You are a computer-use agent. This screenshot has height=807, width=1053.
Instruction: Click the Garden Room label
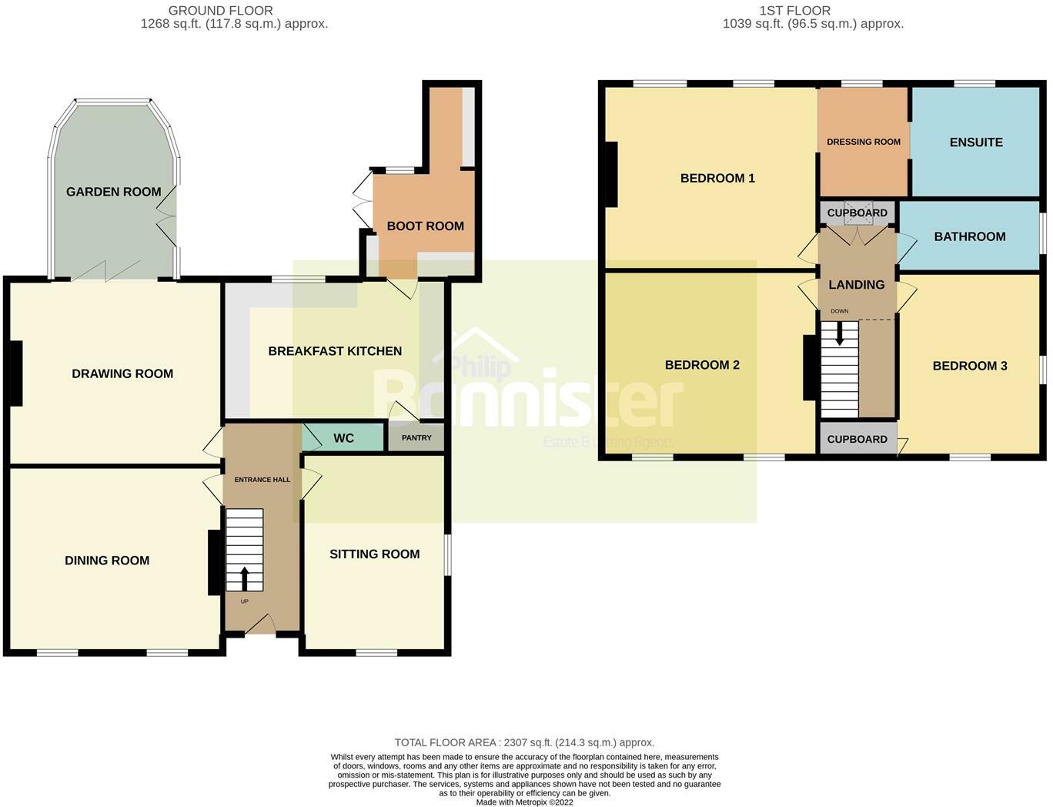click(113, 192)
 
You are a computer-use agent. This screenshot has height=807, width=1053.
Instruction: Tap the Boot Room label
click(425, 226)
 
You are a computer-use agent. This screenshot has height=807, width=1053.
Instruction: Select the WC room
click(343, 437)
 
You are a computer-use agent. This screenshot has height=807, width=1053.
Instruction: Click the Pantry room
click(416, 437)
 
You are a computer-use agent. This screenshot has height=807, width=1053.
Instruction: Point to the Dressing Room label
click(863, 142)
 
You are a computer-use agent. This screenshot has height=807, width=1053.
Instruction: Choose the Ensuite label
click(975, 142)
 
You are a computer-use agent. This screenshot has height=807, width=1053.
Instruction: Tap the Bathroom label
click(969, 236)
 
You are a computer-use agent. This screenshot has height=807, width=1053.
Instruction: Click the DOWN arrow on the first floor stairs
click(839, 332)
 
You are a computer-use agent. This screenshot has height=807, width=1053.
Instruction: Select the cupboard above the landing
click(857, 213)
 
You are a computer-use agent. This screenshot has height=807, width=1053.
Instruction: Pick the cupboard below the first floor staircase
click(857, 439)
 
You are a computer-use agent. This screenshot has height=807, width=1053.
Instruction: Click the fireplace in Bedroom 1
click(611, 175)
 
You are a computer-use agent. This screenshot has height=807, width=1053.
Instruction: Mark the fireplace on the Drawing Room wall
click(16, 373)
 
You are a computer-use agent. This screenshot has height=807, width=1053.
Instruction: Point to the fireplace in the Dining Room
click(214, 562)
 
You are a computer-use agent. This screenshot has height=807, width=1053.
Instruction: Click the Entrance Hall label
click(262, 480)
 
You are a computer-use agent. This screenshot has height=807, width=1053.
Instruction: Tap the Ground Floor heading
click(220, 11)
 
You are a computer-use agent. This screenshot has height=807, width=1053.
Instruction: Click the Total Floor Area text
click(524, 742)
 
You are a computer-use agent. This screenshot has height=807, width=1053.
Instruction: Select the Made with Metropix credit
click(524, 802)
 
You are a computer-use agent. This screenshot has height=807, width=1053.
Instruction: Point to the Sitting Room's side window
click(448, 554)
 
